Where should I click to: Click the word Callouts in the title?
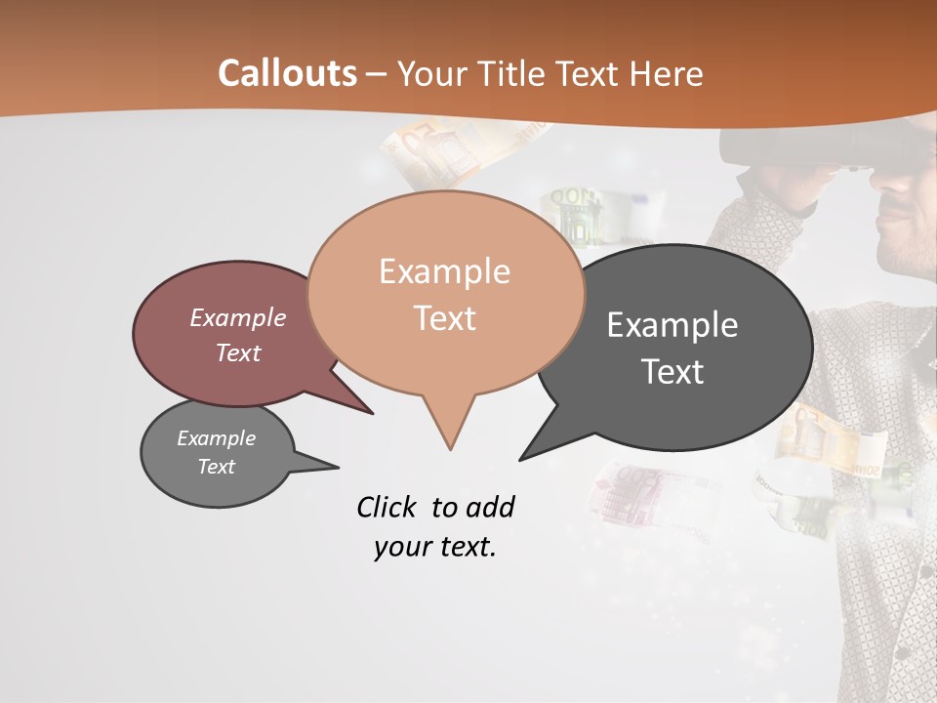287,73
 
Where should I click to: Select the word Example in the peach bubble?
444,271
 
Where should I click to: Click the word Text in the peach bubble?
444,318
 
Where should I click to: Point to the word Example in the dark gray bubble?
672,324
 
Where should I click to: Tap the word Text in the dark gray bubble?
672,371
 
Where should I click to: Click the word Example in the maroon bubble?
238,317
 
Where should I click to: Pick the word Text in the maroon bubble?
238,352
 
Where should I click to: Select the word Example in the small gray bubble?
216,438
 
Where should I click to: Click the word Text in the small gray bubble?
216,467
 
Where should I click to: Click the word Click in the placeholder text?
388,507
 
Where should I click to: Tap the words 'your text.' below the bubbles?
434,548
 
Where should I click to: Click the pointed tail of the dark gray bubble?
523,457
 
